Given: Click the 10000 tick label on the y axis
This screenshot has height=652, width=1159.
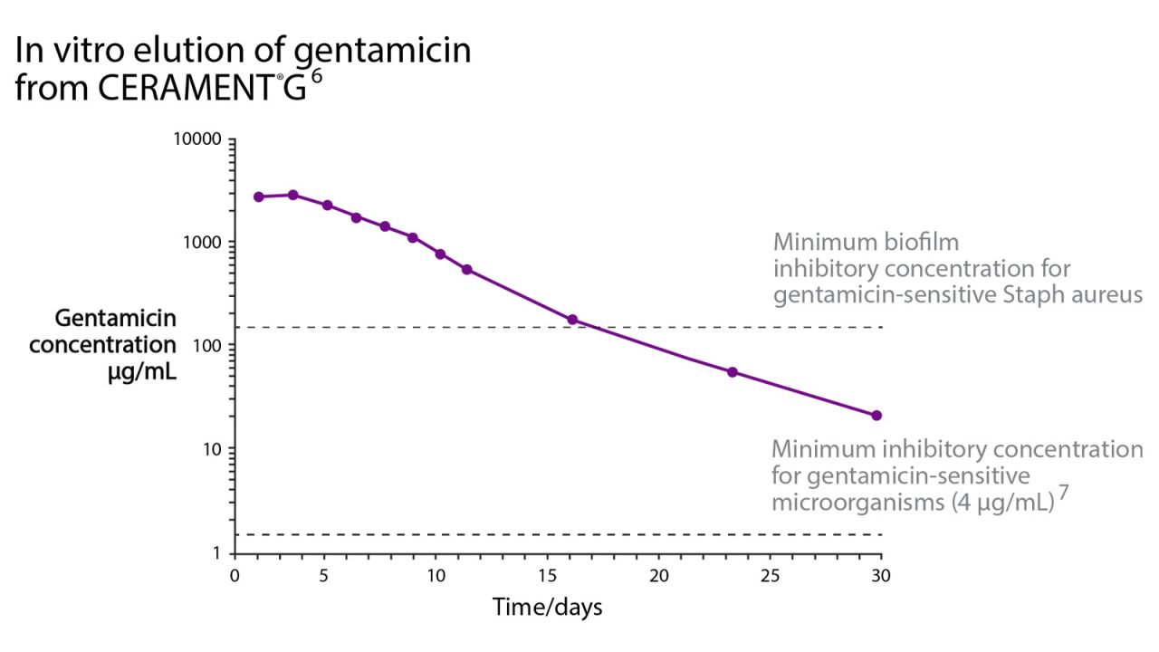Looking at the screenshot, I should pyautogui.click(x=198, y=139).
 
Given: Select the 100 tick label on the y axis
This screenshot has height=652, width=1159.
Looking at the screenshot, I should pyautogui.click(x=207, y=346).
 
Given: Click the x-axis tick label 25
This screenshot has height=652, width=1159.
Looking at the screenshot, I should pyautogui.click(x=770, y=576).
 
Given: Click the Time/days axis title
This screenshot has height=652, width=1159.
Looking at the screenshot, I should pyautogui.click(x=547, y=607).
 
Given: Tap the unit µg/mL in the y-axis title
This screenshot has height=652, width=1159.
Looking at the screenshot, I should pyautogui.click(x=141, y=371).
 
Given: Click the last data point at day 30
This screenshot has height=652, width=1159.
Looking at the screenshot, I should pyautogui.click(x=876, y=416).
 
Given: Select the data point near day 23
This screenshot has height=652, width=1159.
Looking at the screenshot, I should pyautogui.click(x=733, y=372).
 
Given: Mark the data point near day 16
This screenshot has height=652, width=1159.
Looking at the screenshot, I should pyautogui.click(x=572, y=320).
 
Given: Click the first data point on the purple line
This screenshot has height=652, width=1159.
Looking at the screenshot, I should pyautogui.click(x=259, y=197).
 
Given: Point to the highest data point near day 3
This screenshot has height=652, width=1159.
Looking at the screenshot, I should pyautogui.click(x=293, y=195).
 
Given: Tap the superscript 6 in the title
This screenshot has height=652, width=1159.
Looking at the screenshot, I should pyautogui.click(x=316, y=76).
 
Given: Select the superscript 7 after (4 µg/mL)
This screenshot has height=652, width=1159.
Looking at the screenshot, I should pyautogui.click(x=1063, y=494).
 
